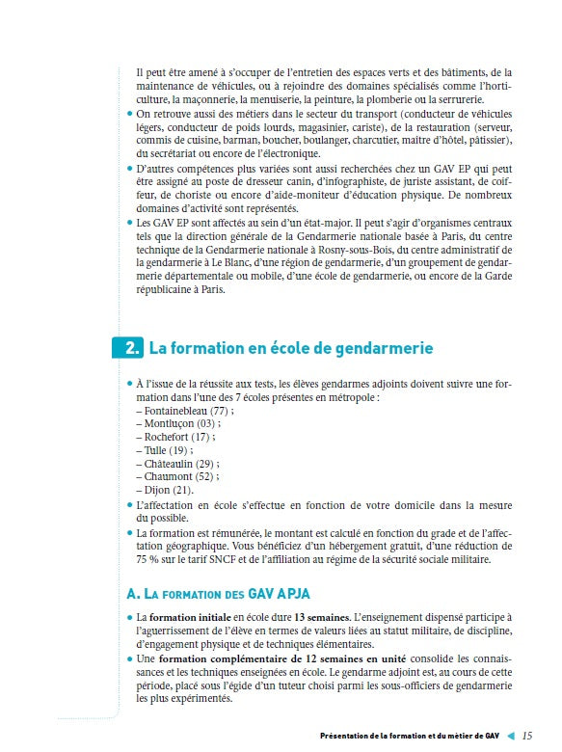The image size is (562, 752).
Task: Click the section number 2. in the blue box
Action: (130, 348)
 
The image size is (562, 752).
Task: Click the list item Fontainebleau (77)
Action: (185, 410)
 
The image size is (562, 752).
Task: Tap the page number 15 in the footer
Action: (526, 736)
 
